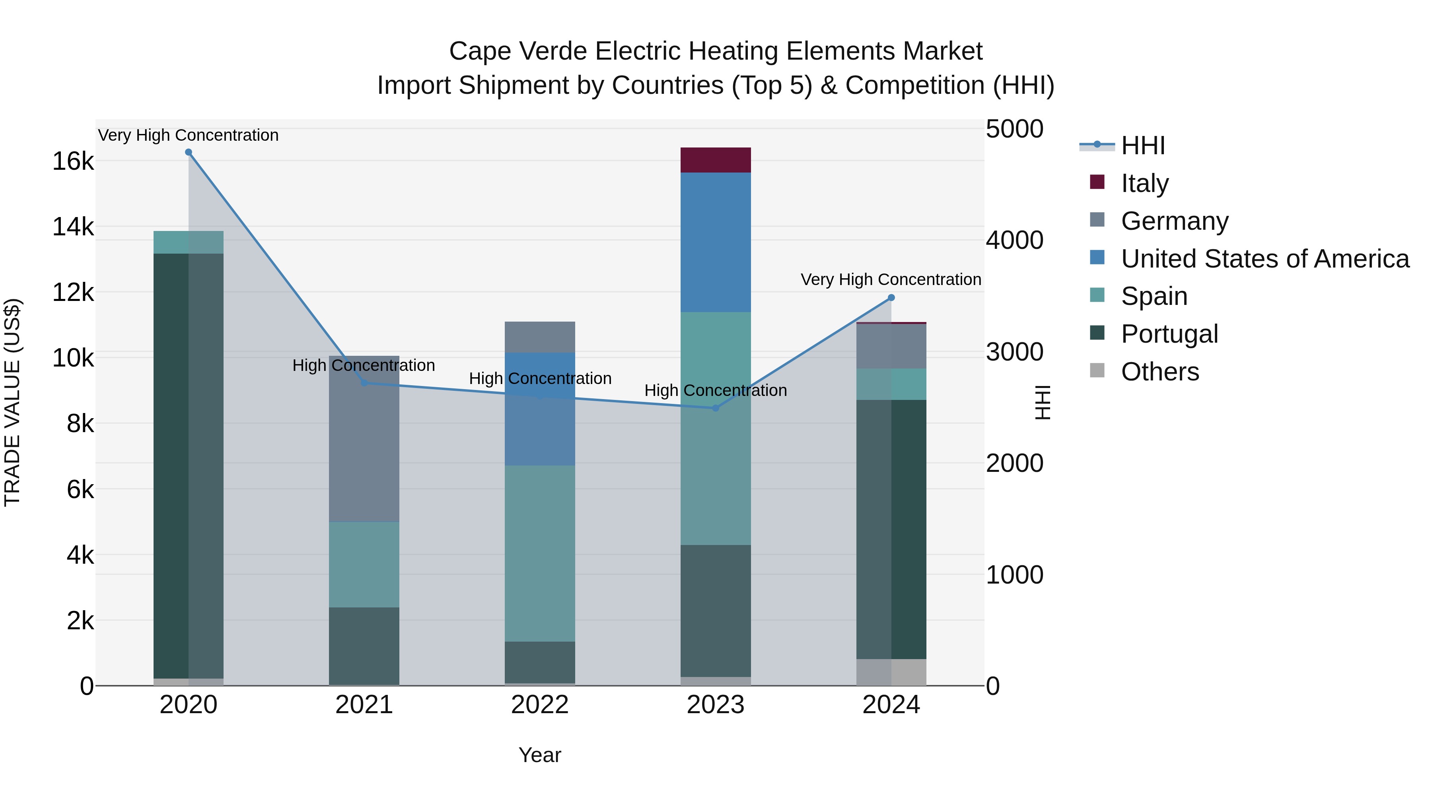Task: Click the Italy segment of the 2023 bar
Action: [716, 160]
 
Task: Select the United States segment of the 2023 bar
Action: [716, 242]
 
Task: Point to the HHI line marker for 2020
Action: [189, 152]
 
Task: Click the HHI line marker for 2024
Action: [891, 298]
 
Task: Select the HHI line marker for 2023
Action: [716, 408]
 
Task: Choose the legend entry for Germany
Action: [1174, 221]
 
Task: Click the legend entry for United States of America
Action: [1265, 258]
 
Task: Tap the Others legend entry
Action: [1160, 371]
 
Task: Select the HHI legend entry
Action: [1142, 145]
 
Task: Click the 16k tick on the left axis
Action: [73, 162]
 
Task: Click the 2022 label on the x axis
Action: [540, 705]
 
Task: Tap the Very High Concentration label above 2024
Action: [891, 279]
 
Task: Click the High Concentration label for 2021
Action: [364, 366]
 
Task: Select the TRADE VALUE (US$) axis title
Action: [12, 402]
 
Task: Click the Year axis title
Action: [540, 755]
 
